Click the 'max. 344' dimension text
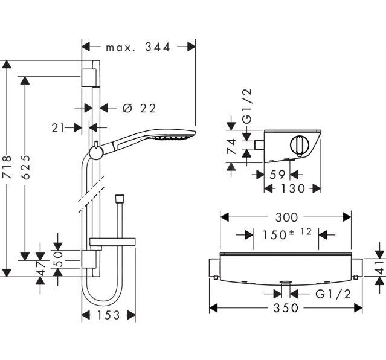(x=138, y=47)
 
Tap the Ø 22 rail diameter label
(x=139, y=108)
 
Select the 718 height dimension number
(x=7, y=167)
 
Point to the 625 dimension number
(x=25, y=167)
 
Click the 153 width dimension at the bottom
(x=109, y=315)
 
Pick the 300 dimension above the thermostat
(x=285, y=216)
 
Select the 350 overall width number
(x=283, y=309)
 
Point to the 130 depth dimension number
(x=293, y=188)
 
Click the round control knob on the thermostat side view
(x=298, y=146)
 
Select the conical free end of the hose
(x=120, y=198)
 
